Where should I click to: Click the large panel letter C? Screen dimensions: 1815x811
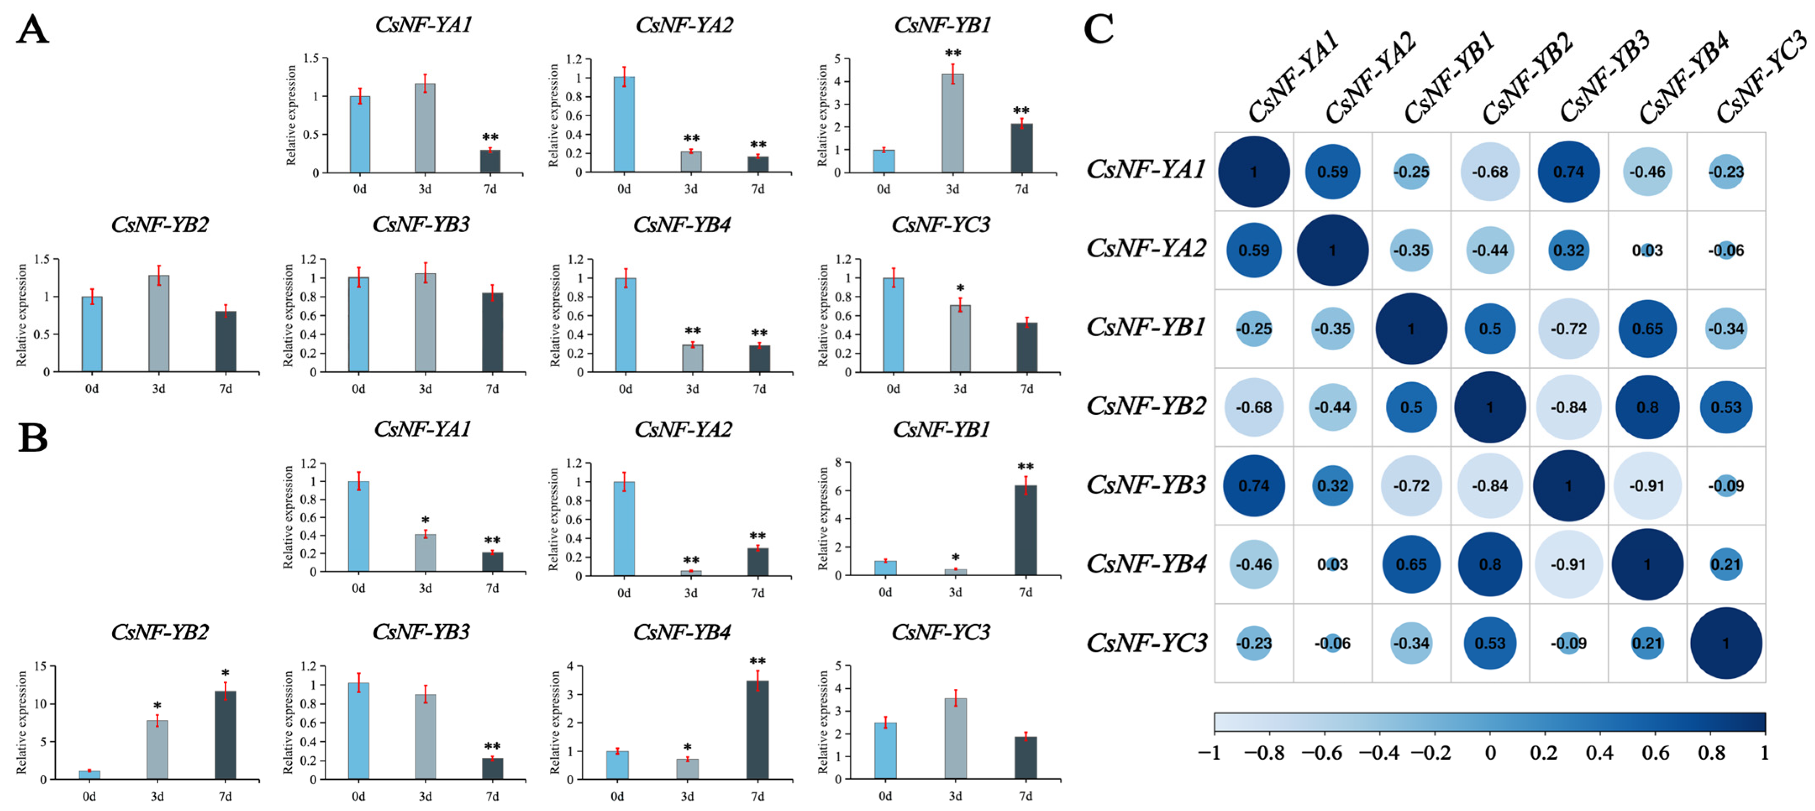click(x=1099, y=29)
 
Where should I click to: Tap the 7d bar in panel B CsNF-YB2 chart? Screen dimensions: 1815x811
click(x=226, y=735)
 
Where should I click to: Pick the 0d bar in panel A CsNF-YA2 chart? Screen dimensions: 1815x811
click(x=624, y=124)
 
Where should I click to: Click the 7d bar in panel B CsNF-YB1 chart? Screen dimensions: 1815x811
click(x=1026, y=530)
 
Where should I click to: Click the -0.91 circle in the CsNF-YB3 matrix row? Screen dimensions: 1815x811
click(x=1647, y=486)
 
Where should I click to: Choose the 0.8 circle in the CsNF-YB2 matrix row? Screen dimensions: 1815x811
click(x=1647, y=407)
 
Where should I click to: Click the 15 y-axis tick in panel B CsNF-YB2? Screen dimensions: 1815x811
click(x=41, y=666)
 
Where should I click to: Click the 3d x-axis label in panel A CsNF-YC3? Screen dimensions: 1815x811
click(x=960, y=388)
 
